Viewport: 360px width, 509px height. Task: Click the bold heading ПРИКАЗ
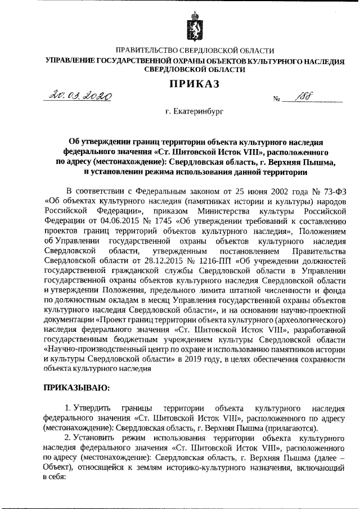[x=194, y=84]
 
